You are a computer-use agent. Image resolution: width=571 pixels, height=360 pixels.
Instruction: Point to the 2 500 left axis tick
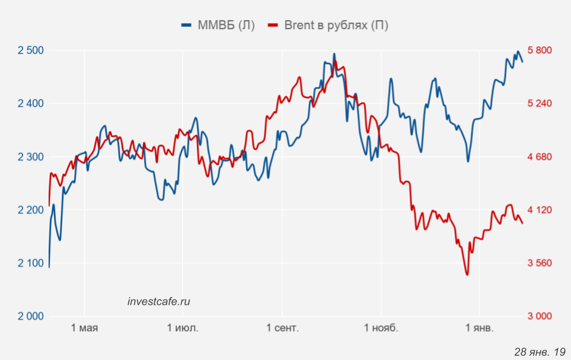31,50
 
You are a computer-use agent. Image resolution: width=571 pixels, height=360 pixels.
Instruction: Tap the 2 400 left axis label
31,104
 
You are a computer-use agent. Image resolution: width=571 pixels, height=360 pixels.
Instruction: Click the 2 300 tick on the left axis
31,157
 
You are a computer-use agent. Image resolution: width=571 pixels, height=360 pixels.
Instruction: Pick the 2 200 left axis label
31,210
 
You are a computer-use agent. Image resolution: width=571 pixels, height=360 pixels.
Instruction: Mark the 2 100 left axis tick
31,263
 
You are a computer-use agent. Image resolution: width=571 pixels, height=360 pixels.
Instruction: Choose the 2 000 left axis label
31,316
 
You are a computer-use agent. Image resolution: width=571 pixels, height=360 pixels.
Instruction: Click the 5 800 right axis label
540,50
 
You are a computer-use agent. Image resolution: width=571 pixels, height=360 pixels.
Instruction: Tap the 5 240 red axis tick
540,104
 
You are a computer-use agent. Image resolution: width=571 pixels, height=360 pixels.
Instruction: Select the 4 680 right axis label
540,157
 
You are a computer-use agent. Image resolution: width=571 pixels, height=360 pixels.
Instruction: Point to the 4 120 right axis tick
540,210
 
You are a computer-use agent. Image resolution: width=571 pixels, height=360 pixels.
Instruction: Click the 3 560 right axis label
540,263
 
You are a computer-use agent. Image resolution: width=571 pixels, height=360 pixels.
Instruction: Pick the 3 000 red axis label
540,316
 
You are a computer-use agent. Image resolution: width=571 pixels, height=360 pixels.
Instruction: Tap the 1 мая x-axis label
84,328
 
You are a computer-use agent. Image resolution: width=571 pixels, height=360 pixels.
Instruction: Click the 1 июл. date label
183,328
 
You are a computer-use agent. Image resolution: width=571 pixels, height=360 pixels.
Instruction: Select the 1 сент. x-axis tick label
282,328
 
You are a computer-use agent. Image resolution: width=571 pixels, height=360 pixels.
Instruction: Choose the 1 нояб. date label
381,328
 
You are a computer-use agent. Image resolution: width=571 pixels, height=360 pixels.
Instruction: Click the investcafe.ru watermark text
159,301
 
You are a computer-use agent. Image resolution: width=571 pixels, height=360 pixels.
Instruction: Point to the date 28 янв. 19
540,352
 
